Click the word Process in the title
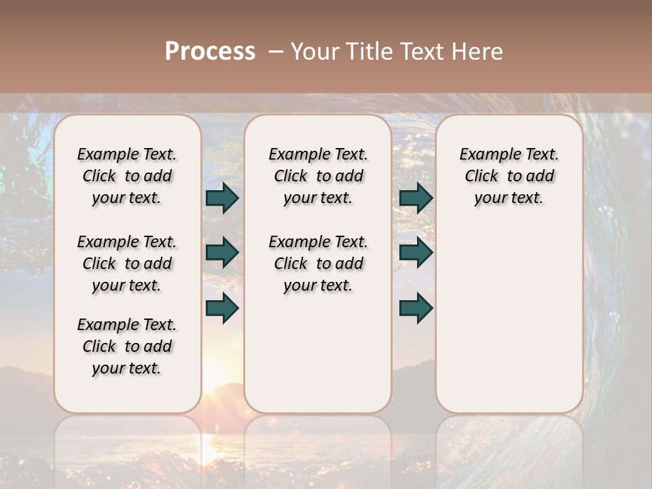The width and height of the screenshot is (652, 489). click(x=210, y=52)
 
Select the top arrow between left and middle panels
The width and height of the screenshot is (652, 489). click(x=222, y=198)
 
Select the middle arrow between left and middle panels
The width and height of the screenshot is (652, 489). click(x=222, y=253)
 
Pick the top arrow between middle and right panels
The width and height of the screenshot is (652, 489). click(x=416, y=198)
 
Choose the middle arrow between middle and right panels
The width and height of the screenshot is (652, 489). click(x=416, y=253)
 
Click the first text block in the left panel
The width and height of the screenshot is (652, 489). click(x=127, y=176)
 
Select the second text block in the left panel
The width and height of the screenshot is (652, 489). click(x=127, y=264)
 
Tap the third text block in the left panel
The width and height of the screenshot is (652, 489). click(x=127, y=346)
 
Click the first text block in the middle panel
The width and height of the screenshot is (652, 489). click(x=318, y=176)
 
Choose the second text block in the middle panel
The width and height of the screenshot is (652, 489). click(x=318, y=264)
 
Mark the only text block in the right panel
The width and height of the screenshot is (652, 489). click(x=509, y=176)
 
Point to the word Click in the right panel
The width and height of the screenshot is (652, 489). click(x=482, y=176)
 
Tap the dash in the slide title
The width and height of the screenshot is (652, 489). click(x=276, y=52)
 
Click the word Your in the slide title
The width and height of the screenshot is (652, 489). click(x=314, y=52)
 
